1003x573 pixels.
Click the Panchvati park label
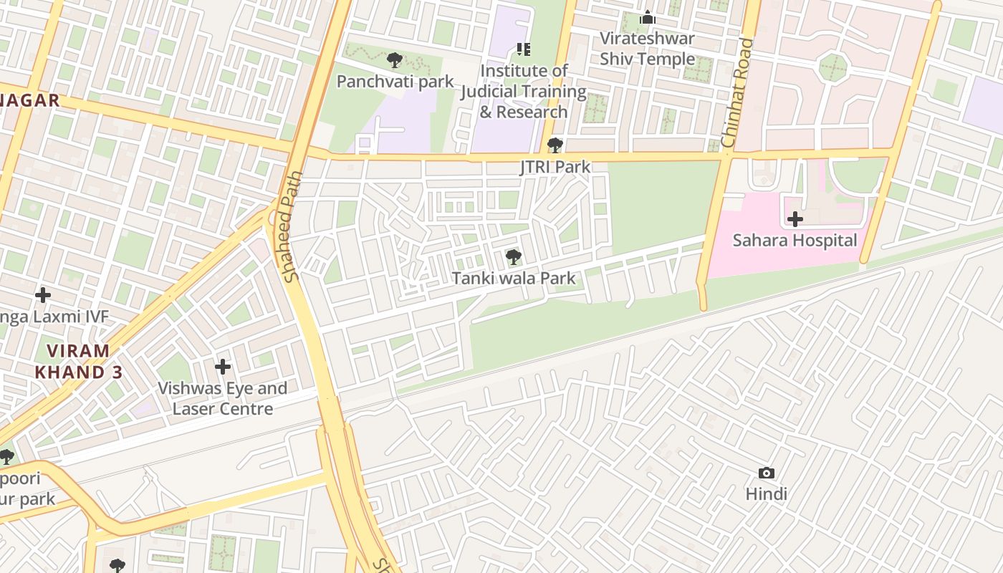(395, 81)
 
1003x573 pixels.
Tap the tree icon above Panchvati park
(393, 60)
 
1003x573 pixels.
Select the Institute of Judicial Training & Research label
(524, 91)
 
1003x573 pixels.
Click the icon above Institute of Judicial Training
(524, 49)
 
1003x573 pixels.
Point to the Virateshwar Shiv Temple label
(647, 48)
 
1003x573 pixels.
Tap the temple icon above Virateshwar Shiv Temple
(648, 17)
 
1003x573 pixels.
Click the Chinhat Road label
(738, 93)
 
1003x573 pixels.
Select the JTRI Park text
(555, 167)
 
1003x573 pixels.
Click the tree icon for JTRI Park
(555, 145)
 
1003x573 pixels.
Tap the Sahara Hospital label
(795, 240)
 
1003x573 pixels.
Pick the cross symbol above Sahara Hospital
(795, 219)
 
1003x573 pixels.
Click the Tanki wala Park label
(513, 278)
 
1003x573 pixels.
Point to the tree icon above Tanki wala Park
(513, 256)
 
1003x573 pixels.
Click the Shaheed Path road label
(292, 226)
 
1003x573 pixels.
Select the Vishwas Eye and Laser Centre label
(222, 398)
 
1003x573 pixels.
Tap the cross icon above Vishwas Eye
(223, 367)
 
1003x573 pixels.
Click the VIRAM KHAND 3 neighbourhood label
(79, 362)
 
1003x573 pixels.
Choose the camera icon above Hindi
(766, 473)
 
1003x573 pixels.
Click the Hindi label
(766, 493)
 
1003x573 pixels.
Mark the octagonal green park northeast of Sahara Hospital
(832, 68)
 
